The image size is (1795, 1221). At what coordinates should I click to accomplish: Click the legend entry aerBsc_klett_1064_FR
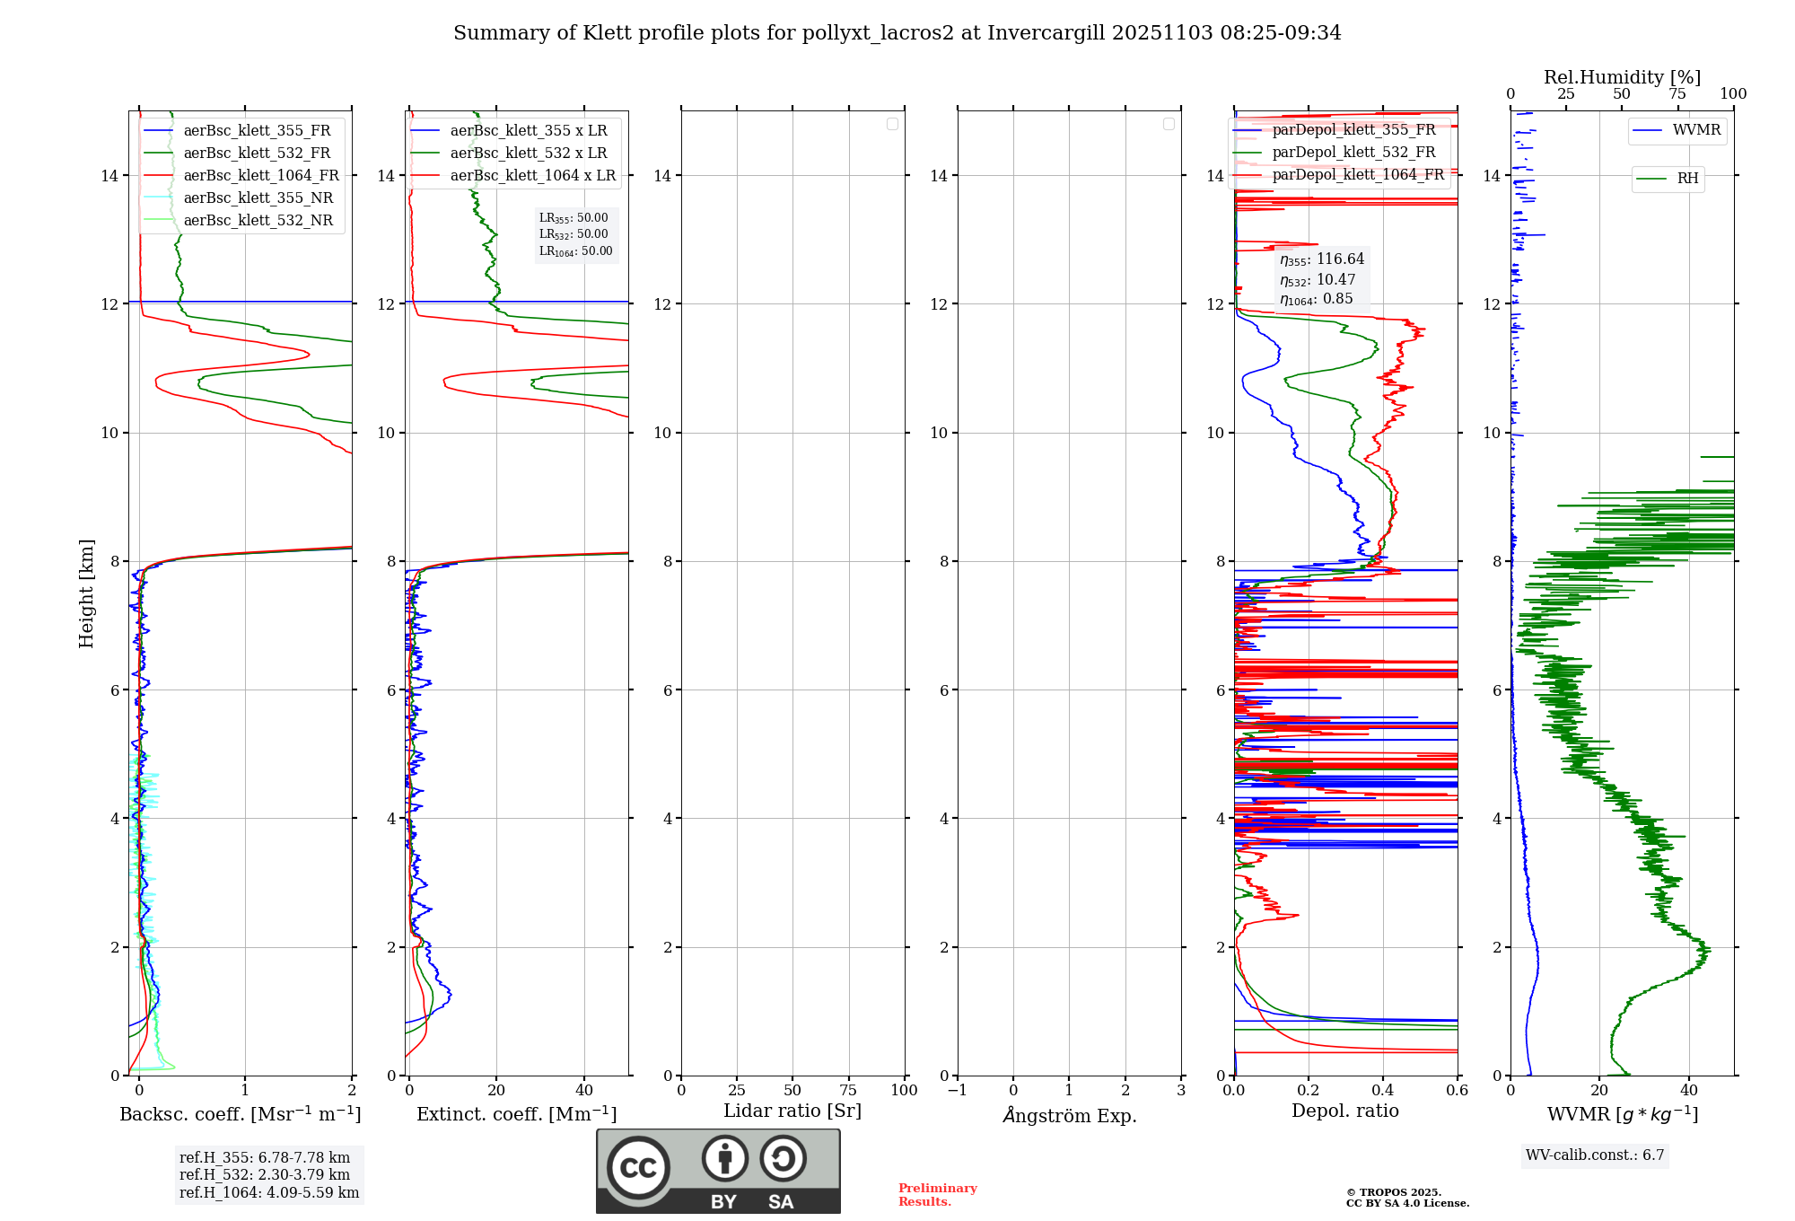(260, 176)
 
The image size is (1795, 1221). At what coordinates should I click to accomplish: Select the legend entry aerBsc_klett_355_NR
(258, 198)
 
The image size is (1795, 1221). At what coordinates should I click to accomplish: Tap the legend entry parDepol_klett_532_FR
(1353, 153)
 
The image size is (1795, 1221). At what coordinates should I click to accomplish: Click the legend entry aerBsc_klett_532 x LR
(528, 154)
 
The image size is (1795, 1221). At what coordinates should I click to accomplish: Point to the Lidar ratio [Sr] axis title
(792, 1111)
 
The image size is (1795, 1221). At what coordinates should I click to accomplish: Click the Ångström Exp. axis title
(1069, 1116)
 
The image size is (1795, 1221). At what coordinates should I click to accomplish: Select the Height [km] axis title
(86, 593)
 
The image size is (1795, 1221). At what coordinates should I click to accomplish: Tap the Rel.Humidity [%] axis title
(1622, 77)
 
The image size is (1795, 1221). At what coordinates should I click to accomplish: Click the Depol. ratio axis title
(1344, 1111)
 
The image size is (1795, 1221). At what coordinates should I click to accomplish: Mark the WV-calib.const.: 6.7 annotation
(1595, 1155)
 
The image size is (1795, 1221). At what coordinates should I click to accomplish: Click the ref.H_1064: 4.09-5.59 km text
(269, 1193)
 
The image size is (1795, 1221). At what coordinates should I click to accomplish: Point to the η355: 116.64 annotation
(1322, 259)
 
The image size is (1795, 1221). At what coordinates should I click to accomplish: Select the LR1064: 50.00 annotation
(575, 251)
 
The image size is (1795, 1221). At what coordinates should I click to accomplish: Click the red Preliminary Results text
(937, 1195)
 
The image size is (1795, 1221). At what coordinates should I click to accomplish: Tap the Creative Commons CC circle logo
(638, 1168)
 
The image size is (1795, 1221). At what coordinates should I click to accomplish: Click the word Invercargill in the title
(1046, 33)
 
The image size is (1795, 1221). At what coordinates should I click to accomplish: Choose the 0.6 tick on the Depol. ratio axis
(1457, 1091)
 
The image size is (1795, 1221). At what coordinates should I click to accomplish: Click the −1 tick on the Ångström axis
(957, 1091)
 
